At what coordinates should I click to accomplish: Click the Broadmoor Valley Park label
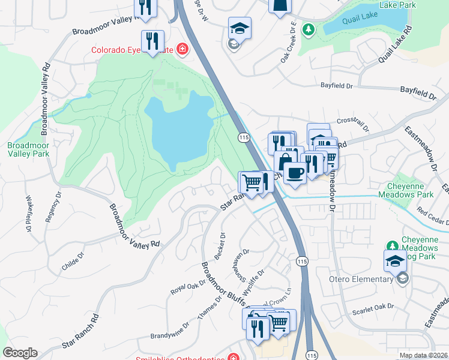[29, 150]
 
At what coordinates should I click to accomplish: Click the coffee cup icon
[294, 173]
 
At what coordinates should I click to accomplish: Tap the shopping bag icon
[284, 162]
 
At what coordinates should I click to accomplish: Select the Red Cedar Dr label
[433, 215]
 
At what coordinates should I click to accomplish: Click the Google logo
[20, 353]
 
